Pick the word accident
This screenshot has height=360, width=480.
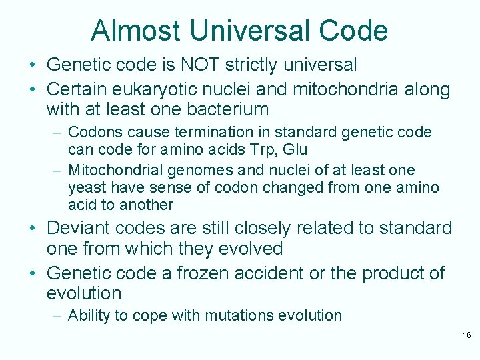coord(275,273)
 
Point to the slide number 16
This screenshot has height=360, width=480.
coord(466,335)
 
